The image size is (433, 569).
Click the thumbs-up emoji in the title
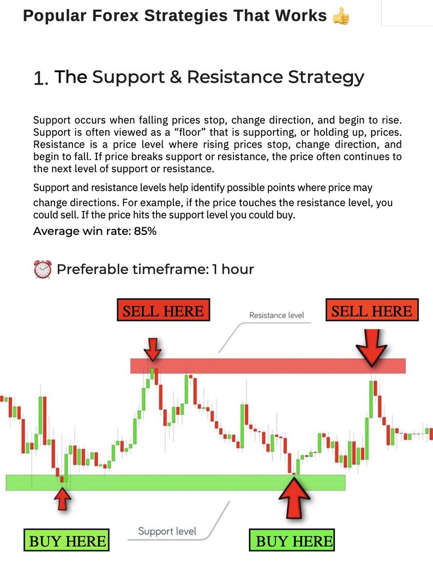click(341, 16)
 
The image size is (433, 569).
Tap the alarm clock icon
click(43, 269)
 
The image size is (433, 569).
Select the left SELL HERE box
click(163, 311)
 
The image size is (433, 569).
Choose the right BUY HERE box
click(294, 541)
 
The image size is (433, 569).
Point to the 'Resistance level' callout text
click(276, 315)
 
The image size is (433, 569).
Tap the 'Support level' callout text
click(167, 531)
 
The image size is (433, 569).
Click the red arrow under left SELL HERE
click(154, 348)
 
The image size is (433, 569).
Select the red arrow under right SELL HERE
click(372, 348)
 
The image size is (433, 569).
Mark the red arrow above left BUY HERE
click(64, 498)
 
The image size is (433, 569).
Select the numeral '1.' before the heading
click(41, 78)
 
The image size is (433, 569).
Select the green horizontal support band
click(175, 482)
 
